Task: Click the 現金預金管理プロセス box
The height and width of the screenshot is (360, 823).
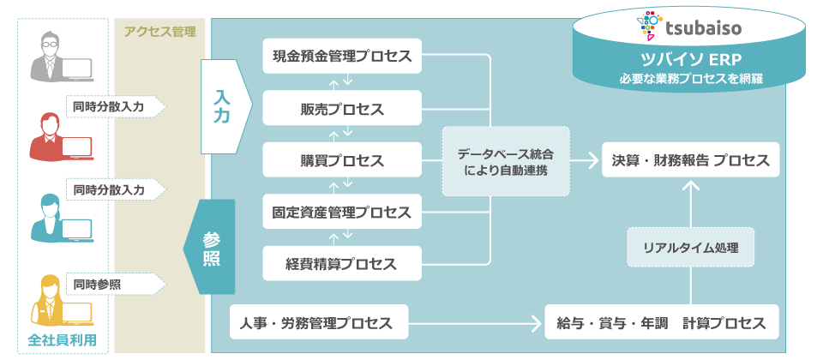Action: pos(342,57)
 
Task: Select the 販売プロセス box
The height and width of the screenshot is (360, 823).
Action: pos(342,109)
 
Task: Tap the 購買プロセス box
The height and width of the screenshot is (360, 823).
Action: pos(342,160)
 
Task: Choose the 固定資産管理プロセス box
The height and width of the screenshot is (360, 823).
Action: pos(342,212)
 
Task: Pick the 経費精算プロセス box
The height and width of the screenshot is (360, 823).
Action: pos(342,264)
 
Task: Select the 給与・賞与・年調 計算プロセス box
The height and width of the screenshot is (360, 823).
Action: pos(661,323)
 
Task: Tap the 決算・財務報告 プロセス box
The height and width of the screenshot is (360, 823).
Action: pos(690,160)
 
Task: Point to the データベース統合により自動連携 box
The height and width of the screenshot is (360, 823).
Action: pos(505,161)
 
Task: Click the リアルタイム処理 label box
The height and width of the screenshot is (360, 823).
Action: pos(690,249)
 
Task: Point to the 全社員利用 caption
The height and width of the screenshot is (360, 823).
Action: pos(62,339)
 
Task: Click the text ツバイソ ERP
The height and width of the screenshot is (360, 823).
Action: pos(690,60)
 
